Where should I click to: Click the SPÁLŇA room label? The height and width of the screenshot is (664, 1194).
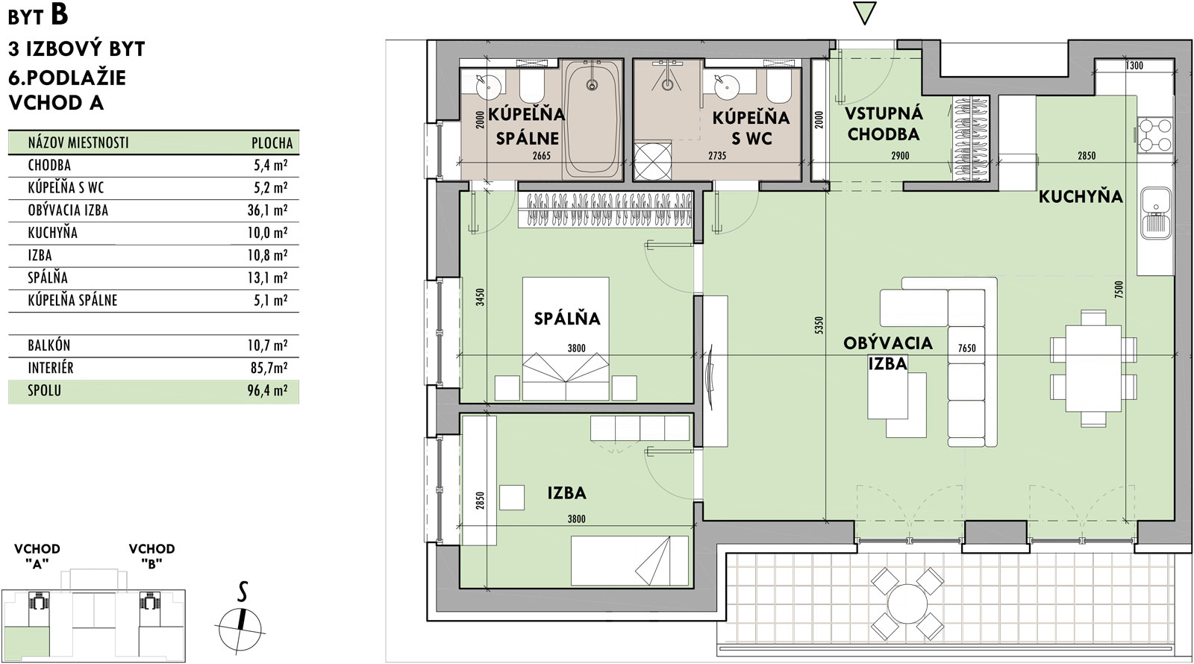tap(567, 319)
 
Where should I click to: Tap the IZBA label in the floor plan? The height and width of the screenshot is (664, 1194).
tap(566, 493)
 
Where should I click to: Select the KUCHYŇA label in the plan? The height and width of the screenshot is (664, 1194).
tap(1081, 197)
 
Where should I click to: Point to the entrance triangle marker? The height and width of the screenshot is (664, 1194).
tap(865, 13)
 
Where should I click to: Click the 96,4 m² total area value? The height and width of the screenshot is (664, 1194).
tap(267, 391)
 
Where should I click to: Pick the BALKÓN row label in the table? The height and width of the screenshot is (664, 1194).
tap(49, 345)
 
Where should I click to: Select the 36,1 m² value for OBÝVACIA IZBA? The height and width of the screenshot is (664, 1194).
tap(267, 210)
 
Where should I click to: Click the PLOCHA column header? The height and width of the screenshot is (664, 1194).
tap(272, 142)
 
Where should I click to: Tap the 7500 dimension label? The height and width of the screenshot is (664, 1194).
tap(1119, 289)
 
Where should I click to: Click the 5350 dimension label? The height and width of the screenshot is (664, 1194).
tap(819, 325)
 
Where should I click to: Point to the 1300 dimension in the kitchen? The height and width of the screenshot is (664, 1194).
tap(1134, 66)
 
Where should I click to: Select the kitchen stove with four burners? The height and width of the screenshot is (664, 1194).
tap(1155, 135)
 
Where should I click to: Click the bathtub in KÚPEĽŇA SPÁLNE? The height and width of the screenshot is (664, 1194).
tap(592, 121)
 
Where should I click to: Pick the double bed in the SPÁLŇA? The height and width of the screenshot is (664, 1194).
tap(566, 339)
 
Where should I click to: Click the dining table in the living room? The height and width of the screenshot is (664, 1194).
tap(1093, 369)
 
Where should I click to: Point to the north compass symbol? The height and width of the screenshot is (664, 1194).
tap(241, 624)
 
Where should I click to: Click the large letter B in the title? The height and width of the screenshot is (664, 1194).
tap(59, 15)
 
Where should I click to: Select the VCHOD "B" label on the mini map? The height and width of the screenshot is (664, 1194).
tap(151, 557)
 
